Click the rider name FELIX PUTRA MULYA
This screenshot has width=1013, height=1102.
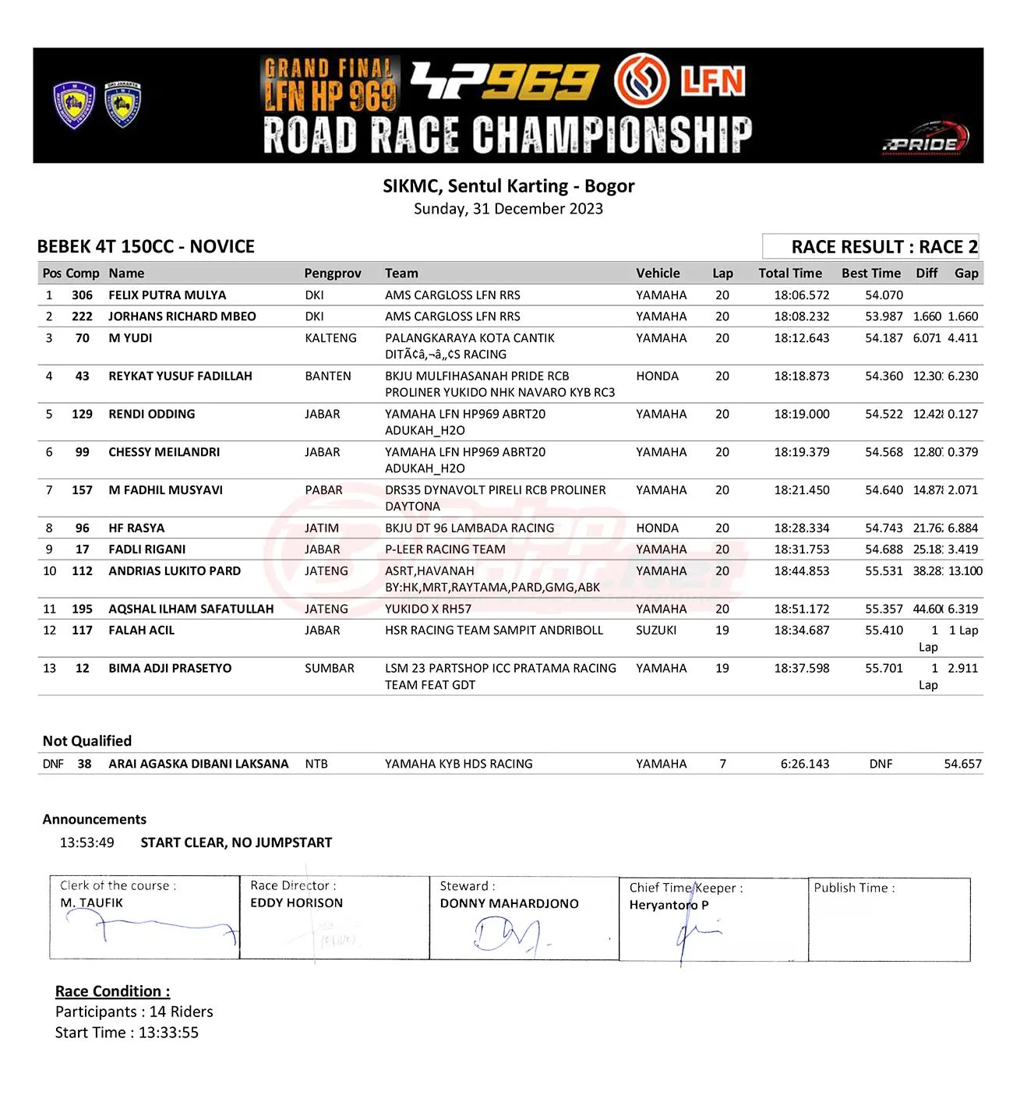click(167, 295)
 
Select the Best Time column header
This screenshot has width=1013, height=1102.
click(870, 274)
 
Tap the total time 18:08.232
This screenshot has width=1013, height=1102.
click(801, 316)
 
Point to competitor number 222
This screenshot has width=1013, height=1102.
click(82, 316)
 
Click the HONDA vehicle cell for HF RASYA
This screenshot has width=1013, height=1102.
click(657, 528)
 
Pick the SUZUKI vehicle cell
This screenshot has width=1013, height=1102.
click(656, 630)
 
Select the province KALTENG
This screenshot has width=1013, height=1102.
click(330, 338)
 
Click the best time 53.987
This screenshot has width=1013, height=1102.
click(884, 316)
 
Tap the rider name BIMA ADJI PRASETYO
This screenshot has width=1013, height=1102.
click(170, 669)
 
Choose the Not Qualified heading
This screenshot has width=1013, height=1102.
click(87, 741)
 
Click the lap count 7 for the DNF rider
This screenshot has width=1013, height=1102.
click(722, 765)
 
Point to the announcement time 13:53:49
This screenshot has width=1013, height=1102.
click(87, 843)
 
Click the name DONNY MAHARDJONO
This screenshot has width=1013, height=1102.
click(509, 904)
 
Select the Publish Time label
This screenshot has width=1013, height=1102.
click(854, 888)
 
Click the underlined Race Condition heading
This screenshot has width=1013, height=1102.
click(112, 991)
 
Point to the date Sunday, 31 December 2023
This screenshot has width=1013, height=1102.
click(508, 209)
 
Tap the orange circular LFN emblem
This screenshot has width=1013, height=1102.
click(641, 81)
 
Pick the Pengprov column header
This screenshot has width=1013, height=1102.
click(333, 274)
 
